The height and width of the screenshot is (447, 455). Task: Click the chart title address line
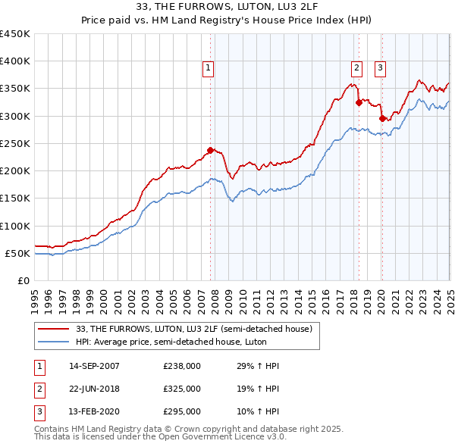[x=227, y=7]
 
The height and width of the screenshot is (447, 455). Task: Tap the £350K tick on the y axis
[x=15, y=89]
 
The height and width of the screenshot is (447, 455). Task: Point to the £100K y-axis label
[x=15, y=226]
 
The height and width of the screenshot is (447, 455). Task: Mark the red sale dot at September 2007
[x=210, y=150]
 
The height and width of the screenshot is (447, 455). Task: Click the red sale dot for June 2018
[x=359, y=102]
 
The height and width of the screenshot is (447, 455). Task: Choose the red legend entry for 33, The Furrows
[x=177, y=329]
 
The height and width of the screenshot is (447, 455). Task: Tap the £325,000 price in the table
[x=182, y=389]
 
